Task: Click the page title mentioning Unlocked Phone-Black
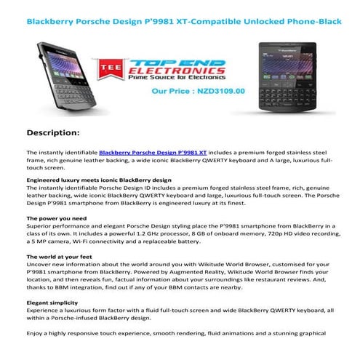point(179,22)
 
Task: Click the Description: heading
point(63,133)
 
